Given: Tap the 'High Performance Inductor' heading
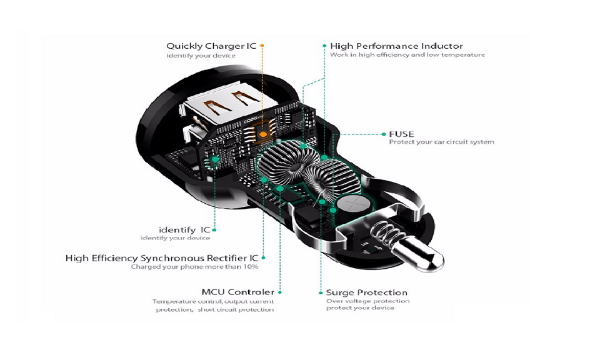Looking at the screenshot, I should [396, 46].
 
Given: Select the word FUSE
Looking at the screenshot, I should [401, 134].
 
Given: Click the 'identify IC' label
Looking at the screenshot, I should [184, 229].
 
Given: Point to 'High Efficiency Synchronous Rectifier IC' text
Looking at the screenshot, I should [162, 258].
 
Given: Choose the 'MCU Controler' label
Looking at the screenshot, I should [237, 292].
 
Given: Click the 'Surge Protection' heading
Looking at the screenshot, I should [366, 292].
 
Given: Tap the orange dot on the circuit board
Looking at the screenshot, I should [264, 134].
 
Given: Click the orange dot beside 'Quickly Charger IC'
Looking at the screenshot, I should [262, 46].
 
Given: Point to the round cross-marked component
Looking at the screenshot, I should [350, 205].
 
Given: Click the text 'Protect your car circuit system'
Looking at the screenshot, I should [441, 142].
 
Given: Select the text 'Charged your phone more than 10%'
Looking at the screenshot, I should [194, 267].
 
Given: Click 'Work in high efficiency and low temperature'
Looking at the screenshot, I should [407, 55].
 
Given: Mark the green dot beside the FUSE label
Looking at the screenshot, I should [383, 134].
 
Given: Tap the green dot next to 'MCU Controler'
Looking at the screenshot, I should [281, 292].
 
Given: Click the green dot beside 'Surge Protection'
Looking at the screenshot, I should [321, 292].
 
